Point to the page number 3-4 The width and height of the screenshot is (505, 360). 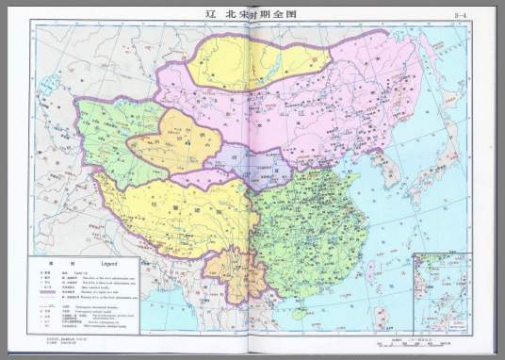[461, 15]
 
